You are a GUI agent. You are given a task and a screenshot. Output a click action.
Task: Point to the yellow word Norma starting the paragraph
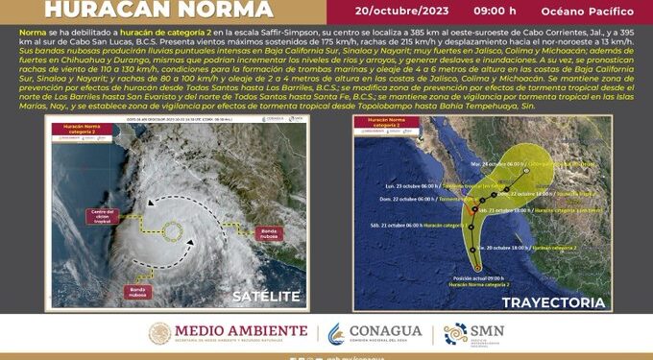(x=34, y=32)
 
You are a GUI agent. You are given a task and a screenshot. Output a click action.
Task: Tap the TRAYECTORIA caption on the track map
(x=558, y=302)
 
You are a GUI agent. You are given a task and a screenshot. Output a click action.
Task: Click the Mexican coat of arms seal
(x=158, y=333)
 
